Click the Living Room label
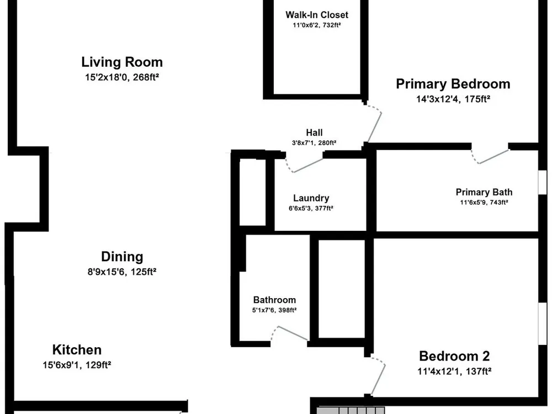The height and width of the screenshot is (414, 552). pos(122,62)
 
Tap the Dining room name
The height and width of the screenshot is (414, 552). pos(122,257)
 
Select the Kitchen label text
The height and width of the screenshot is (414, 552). pos(77,350)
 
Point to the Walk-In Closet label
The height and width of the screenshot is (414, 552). pos(317,15)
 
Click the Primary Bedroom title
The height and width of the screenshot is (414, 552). pos(453,84)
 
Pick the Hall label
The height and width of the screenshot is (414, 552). pos(315,132)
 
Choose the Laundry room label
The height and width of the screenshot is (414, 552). pos(311,198)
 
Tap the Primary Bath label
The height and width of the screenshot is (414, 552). pos(484,192)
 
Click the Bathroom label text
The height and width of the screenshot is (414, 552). pos(274,300)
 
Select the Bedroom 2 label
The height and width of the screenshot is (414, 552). pos(454,356)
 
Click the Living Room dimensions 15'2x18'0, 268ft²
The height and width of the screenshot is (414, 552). pos(122,77)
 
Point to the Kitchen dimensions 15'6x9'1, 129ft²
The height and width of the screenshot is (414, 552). pos(77,365)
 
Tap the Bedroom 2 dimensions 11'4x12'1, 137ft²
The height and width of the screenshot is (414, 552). pos(454,371)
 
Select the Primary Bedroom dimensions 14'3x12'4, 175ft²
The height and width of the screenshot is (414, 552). pos(453,99)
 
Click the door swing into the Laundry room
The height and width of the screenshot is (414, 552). pos(304,165)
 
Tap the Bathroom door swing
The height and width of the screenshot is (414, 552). pos(289,333)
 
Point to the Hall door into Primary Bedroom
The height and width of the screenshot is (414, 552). pos(374,122)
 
